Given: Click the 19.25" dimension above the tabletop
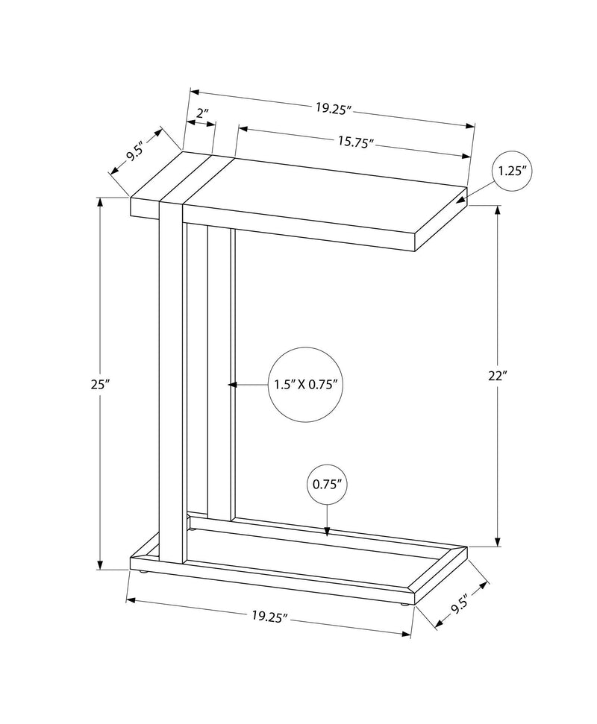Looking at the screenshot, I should [x=332, y=107].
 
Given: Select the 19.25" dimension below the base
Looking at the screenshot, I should [x=269, y=616].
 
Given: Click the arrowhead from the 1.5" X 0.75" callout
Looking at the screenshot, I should [x=232, y=385].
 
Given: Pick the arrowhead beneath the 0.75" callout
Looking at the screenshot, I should [x=327, y=531].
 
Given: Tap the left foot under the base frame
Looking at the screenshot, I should [x=142, y=573].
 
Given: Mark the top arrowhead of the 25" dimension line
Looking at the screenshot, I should [x=100, y=202].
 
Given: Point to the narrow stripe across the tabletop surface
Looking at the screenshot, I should [x=196, y=177].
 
